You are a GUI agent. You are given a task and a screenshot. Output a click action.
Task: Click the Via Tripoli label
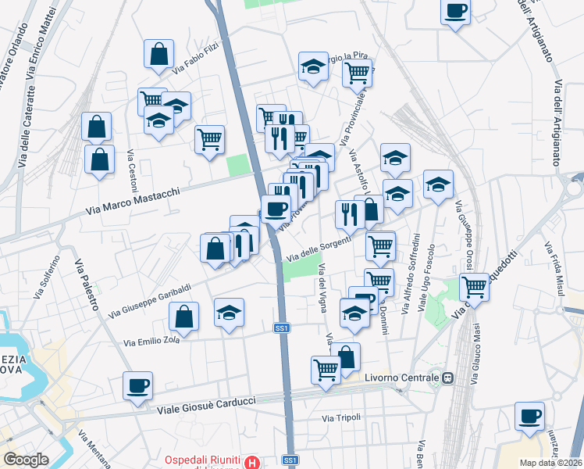point(342,417)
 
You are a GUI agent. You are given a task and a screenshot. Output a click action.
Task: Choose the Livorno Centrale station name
point(402,378)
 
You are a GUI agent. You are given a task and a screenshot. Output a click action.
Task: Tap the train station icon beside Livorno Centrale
point(448,378)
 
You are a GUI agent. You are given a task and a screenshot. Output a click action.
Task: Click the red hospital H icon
point(251,463)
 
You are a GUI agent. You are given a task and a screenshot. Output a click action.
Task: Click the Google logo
point(26,460)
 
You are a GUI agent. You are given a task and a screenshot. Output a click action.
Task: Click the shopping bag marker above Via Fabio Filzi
point(158,55)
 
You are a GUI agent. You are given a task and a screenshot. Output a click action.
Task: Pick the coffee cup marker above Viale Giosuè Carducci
point(137,386)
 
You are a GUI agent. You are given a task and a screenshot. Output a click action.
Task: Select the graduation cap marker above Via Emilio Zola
point(230,313)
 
